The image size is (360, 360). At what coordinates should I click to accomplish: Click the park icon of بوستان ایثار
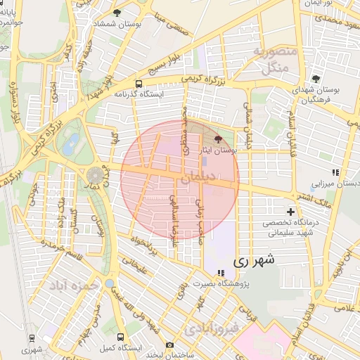217,139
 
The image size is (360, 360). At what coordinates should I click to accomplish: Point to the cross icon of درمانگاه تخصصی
290,211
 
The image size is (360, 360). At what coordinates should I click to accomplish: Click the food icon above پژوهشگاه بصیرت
221,273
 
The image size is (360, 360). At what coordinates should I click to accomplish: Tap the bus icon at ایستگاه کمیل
120,337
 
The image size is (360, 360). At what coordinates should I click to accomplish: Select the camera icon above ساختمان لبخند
169,345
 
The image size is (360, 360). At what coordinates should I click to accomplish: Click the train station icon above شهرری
31,337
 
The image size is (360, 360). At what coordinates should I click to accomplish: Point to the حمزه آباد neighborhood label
68,287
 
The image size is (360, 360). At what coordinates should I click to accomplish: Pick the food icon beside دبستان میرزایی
335,171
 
